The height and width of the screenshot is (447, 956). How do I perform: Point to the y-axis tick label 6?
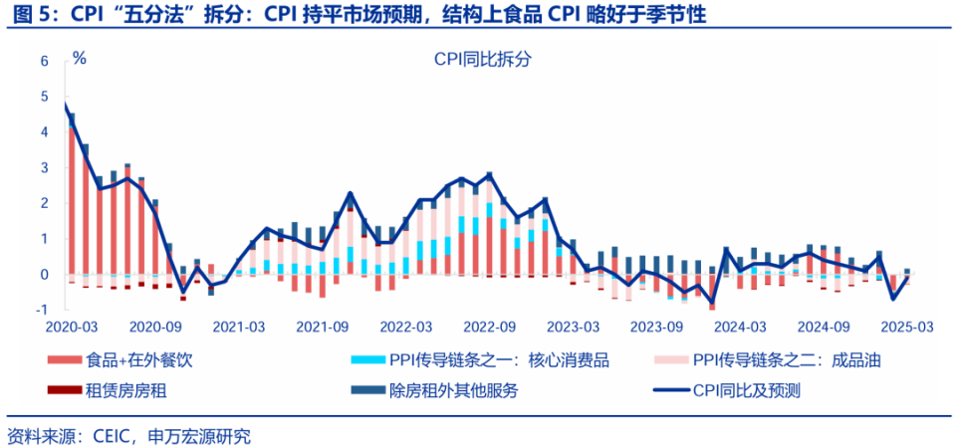[x=44, y=61]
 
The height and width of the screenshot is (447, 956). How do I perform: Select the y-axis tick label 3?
[x=44, y=167]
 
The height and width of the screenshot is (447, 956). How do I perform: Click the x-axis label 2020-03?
[x=71, y=327]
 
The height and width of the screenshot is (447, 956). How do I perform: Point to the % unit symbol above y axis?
[x=80, y=58]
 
